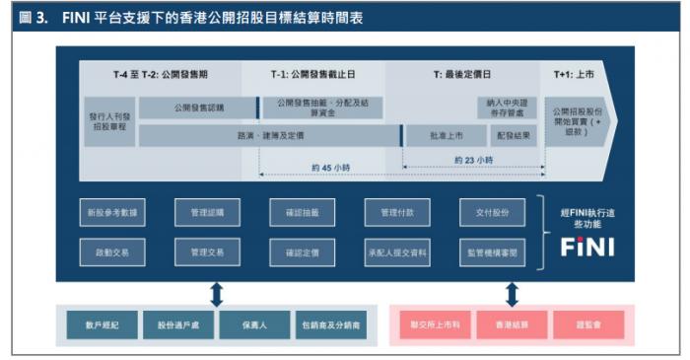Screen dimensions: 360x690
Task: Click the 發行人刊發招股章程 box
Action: point(109,121)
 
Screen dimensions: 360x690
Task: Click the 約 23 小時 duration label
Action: point(473,159)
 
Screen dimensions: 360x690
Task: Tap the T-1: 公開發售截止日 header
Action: point(314,74)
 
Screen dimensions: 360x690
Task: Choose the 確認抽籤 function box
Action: point(302,212)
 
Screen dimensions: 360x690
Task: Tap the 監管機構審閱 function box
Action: point(491,252)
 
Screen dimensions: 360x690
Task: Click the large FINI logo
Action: point(586,247)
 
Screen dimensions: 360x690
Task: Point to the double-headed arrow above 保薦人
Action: point(217,293)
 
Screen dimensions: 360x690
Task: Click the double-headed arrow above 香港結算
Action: point(512,293)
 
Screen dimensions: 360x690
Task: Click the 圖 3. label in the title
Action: point(33,17)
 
